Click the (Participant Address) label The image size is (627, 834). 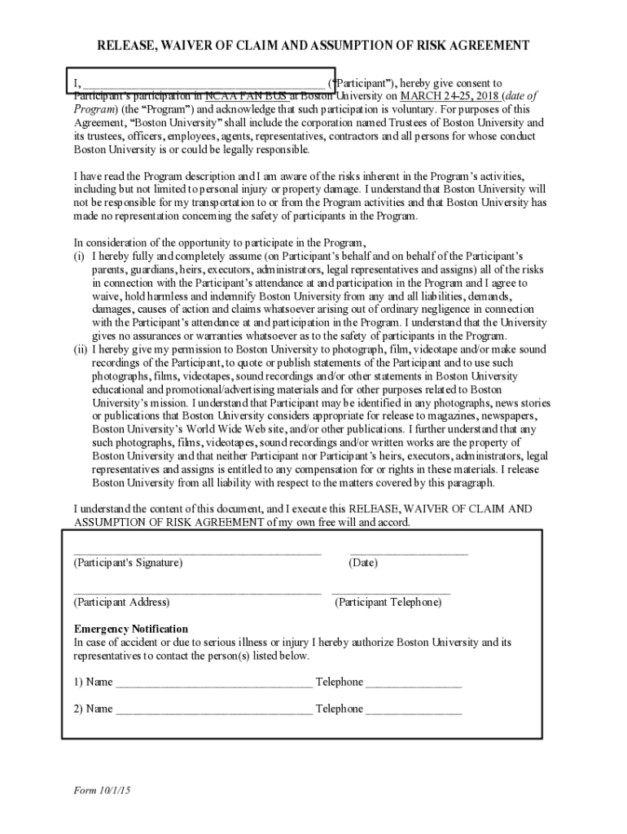122,603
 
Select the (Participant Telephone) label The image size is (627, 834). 388,603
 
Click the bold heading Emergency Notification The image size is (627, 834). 131,629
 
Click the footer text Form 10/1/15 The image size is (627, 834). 102,791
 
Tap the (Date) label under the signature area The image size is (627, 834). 363,563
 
